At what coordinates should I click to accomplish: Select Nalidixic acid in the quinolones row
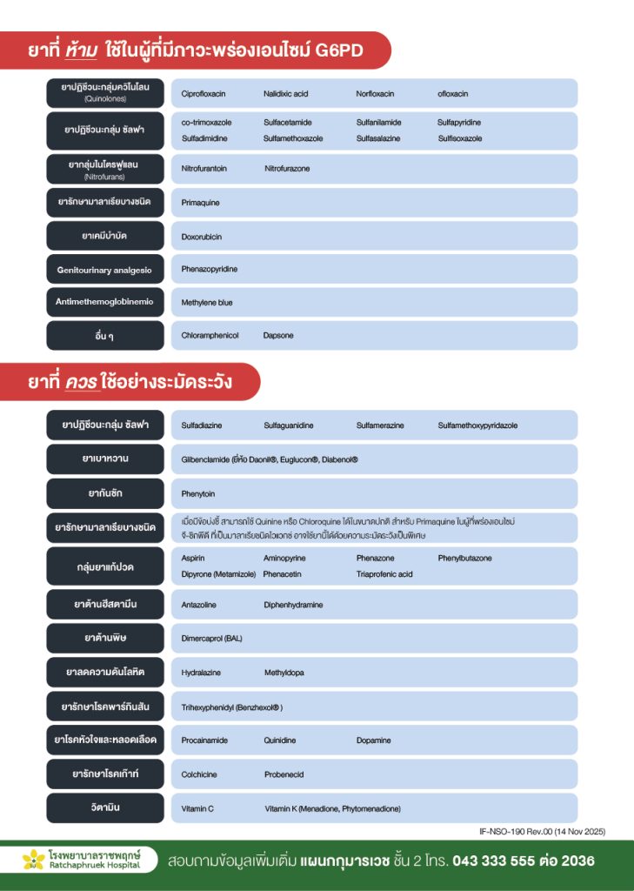(286, 94)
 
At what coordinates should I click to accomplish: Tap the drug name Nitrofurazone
(287, 169)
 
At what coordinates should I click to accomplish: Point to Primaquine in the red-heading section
(201, 203)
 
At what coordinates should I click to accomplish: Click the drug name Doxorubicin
(202, 237)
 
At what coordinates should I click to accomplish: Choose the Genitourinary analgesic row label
(104, 270)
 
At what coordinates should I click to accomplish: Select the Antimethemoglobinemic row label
(104, 302)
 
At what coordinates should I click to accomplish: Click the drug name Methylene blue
(207, 303)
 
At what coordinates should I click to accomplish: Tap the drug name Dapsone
(278, 336)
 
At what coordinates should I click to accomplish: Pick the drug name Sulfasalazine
(378, 138)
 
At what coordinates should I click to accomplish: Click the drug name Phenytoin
(198, 494)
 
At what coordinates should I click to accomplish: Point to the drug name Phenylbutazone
(464, 559)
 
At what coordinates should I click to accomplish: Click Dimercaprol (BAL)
(212, 639)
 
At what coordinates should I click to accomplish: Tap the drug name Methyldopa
(284, 673)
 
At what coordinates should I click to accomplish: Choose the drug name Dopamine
(374, 740)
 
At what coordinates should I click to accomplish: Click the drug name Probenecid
(284, 774)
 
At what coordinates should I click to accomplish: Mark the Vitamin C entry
(197, 809)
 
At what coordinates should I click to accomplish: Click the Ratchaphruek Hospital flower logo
(33, 860)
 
